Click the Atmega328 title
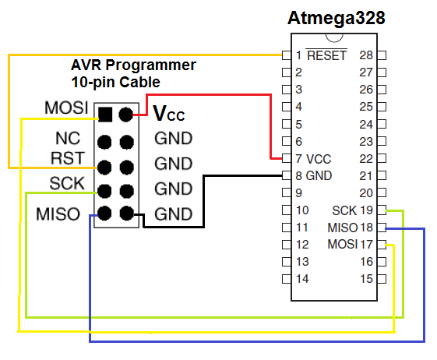pos(336,19)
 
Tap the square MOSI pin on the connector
pos(105,115)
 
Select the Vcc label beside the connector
pos(169,114)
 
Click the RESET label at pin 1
pos(326,55)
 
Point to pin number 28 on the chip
pos(366,55)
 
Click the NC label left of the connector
pos(68,138)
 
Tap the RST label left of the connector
pos(68,158)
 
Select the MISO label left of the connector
pos(58,214)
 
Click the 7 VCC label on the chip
pos(314,159)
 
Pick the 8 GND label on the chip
pos(314,175)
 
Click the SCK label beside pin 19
pos(344,210)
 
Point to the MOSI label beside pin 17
pos(342,244)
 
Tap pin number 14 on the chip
pos(302,279)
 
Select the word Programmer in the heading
pos(151,66)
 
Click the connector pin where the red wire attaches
pos(125,115)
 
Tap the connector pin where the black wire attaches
pos(127,214)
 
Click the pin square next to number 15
pos(382,279)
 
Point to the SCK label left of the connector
pos(67,183)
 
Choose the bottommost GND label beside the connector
pos(174,214)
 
